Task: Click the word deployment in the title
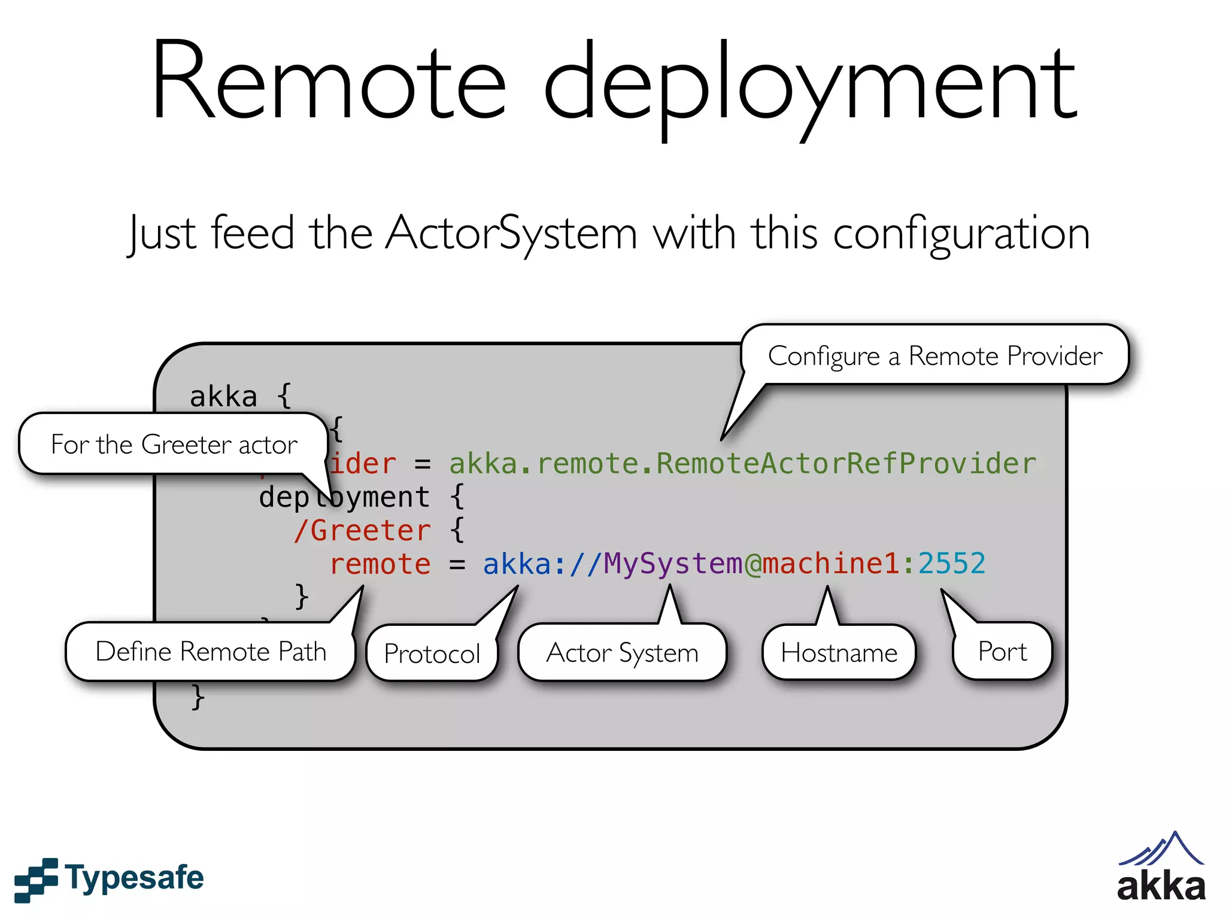(811, 87)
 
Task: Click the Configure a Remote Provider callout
(934, 356)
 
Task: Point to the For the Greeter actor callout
(174, 445)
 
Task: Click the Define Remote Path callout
(211, 652)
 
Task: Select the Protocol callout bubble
(432, 653)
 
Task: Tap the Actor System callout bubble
(622, 653)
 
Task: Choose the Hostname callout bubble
(839, 653)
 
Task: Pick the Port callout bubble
(1002, 652)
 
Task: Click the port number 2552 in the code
(951, 564)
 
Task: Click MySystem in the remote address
(673, 564)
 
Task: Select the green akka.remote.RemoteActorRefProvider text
(742, 464)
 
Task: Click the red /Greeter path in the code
(362, 531)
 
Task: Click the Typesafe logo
(109, 879)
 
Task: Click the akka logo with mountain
(1161, 868)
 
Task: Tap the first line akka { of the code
(240, 397)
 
